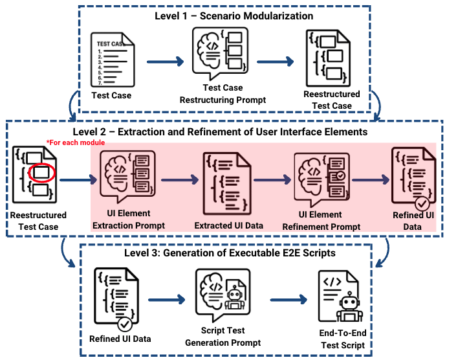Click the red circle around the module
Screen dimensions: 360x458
(43, 174)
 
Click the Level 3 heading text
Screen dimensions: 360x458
(230, 253)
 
